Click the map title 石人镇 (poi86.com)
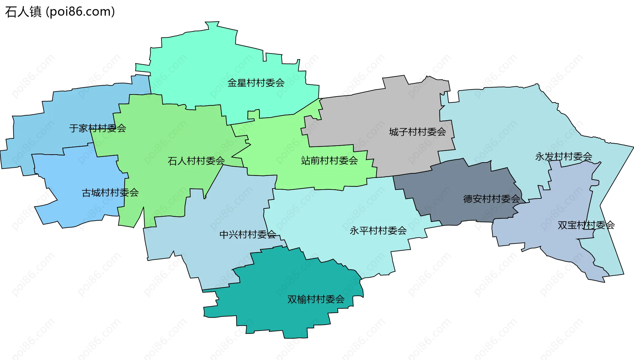click(60, 12)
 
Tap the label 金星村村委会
click(256, 83)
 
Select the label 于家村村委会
click(97, 128)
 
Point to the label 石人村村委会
click(196, 161)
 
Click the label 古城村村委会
click(110, 193)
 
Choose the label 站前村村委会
click(329, 161)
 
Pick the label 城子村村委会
click(417, 132)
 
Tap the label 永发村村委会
click(563, 157)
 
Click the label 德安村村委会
click(491, 199)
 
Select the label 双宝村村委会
click(586, 225)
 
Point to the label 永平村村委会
click(378, 231)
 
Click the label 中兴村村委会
click(248, 234)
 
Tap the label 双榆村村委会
click(316, 299)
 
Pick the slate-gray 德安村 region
click(462, 185)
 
